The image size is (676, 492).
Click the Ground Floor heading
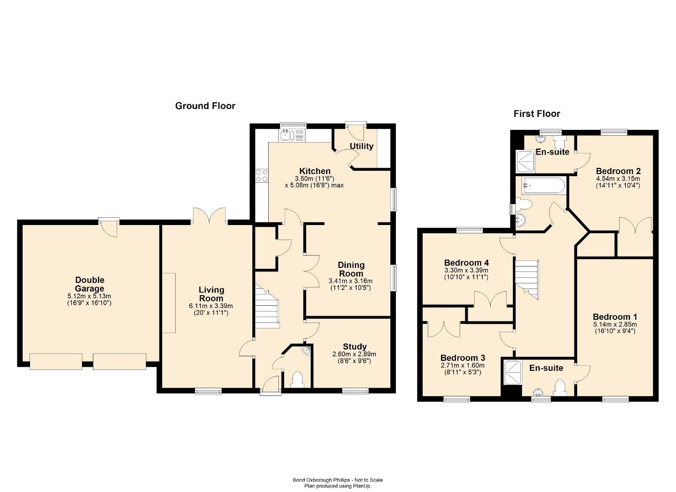(x=205, y=106)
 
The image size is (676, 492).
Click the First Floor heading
(x=537, y=114)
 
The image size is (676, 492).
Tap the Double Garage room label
(x=90, y=284)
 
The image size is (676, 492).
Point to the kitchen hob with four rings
(x=261, y=176)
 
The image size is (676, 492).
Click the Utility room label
(x=361, y=146)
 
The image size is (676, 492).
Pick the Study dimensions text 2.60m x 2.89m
(x=354, y=354)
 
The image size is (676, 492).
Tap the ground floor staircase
(x=267, y=307)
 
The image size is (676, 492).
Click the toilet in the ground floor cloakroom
(x=297, y=380)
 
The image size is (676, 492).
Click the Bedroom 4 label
(x=466, y=262)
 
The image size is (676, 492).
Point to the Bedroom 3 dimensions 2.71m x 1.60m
(x=462, y=365)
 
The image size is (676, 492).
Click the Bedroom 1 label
(x=615, y=317)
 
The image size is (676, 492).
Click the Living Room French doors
(x=209, y=216)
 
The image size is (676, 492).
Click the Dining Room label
(x=351, y=269)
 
